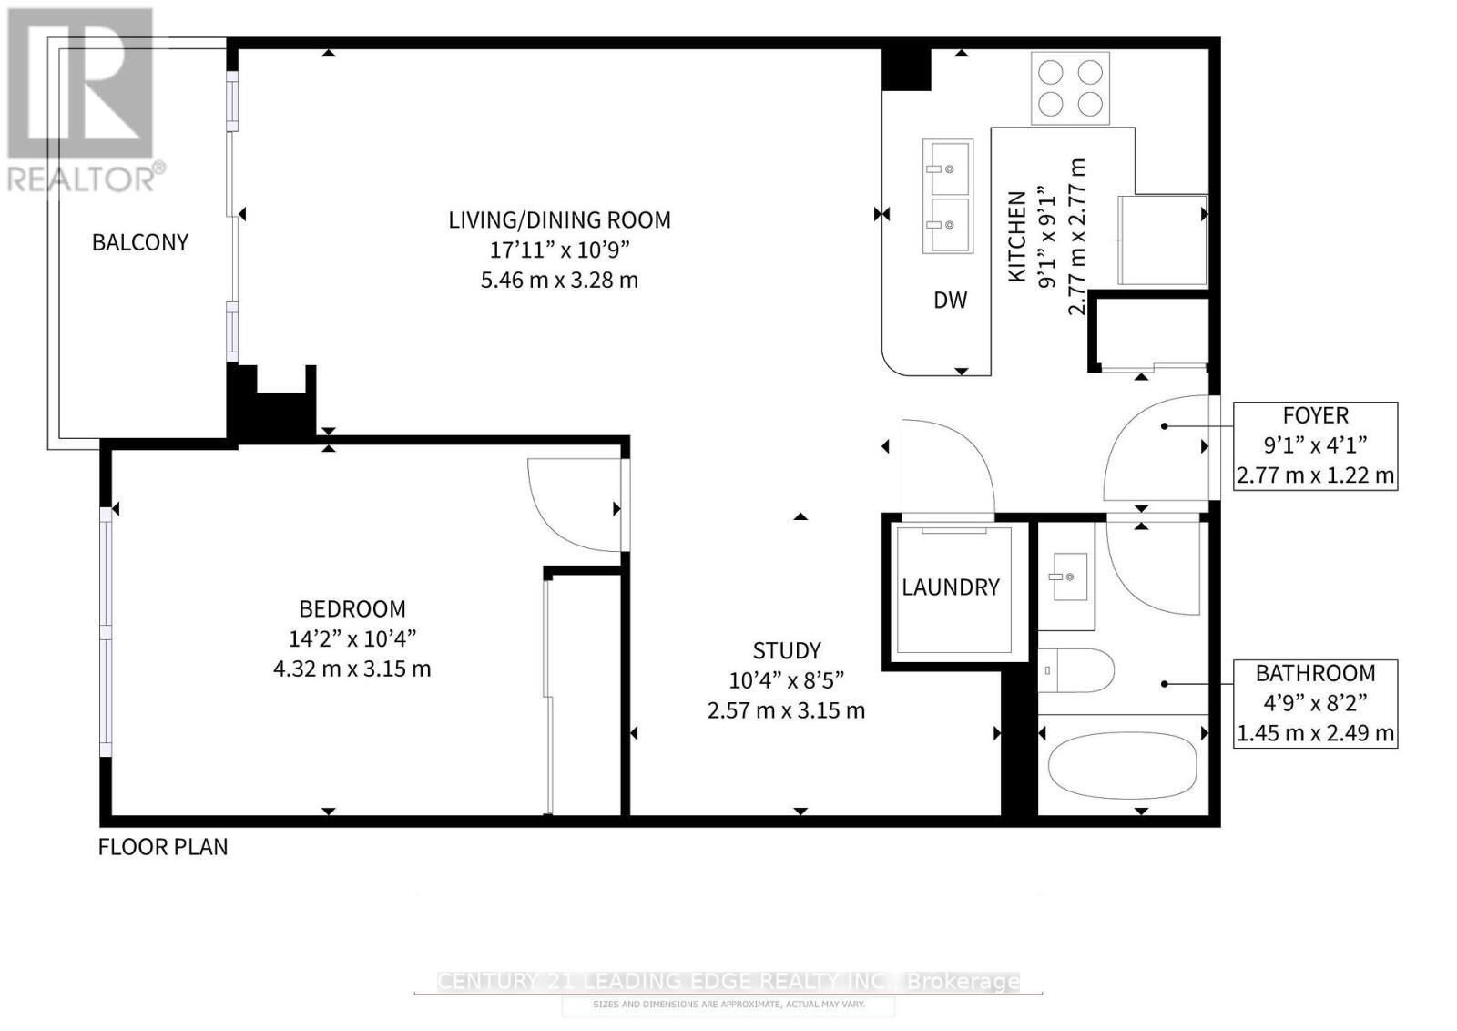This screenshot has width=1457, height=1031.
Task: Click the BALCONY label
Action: click(140, 242)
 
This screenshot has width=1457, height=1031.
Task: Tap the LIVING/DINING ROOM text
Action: click(559, 219)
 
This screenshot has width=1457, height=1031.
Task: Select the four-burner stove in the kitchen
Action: click(1070, 87)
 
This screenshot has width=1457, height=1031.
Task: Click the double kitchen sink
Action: click(947, 197)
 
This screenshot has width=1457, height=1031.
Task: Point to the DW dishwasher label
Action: click(950, 300)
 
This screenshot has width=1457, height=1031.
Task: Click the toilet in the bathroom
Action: click(1076, 671)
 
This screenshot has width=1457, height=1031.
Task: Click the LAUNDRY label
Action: click(951, 587)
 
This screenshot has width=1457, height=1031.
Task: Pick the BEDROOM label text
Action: click(352, 608)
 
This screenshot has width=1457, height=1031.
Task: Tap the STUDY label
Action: click(787, 650)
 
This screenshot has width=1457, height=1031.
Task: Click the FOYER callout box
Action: click(1315, 445)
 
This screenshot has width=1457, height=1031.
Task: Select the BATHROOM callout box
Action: click(1315, 702)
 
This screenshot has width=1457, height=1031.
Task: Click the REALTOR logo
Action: click(82, 100)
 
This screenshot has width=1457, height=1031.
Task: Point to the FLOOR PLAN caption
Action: click(163, 846)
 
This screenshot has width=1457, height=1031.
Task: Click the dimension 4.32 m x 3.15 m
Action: click(352, 669)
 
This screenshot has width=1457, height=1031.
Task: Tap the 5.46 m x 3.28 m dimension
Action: click(559, 280)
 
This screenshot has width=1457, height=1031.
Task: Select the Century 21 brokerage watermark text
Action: click(728, 981)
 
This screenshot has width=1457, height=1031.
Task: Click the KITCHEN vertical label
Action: click(1017, 235)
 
